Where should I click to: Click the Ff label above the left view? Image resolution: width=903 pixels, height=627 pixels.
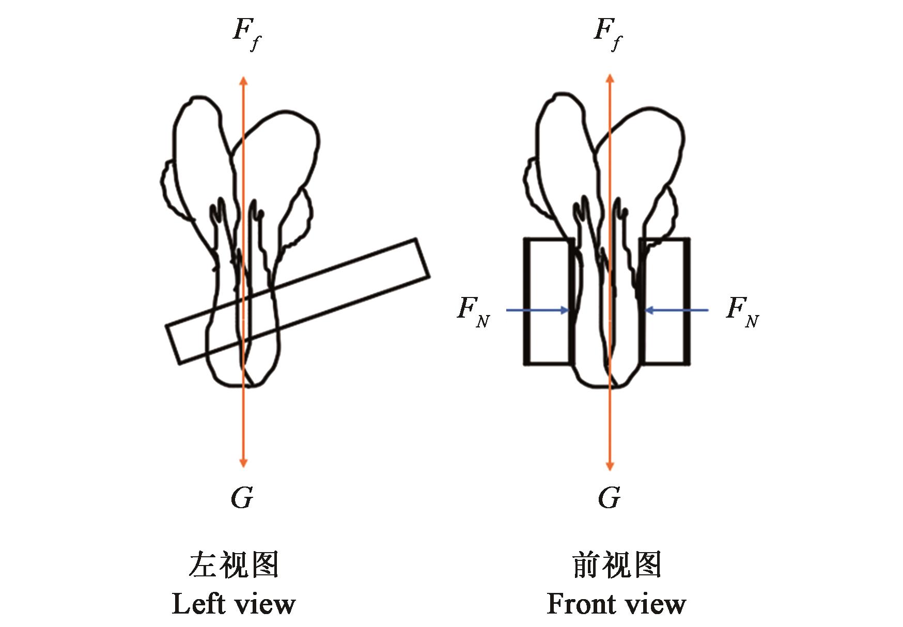tap(246, 34)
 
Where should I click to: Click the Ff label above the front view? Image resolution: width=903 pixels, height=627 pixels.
tap(608, 34)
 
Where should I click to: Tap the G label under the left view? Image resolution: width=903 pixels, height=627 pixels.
tap(242, 498)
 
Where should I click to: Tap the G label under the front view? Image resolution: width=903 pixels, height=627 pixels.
tap(609, 498)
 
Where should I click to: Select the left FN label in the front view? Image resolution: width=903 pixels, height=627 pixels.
tap(473, 311)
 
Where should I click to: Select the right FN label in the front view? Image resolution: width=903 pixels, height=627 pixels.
tap(742, 311)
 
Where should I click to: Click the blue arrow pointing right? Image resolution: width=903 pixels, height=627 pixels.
tap(537, 310)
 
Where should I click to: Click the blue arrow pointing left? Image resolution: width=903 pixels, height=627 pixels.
tap(677, 310)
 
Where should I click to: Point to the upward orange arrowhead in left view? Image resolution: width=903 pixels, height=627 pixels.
tap(243, 80)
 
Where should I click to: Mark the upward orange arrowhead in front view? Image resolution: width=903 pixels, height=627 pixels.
tap(610, 78)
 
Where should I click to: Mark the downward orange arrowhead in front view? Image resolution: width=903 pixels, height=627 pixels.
tap(610, 466)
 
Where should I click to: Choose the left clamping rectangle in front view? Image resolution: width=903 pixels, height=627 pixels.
tap(548, 302)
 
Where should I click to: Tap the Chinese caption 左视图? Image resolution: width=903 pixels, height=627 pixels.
tap(233, 565)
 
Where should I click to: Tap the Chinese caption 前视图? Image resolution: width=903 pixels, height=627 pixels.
tap(617, 565)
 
